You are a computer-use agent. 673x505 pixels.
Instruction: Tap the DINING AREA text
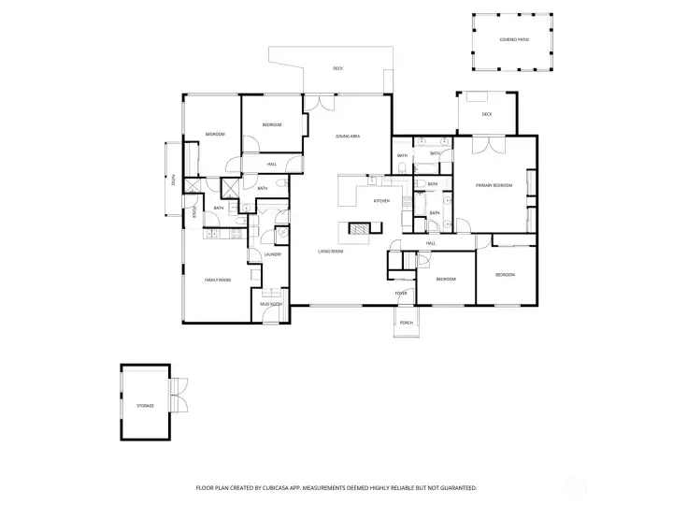click(349, 137)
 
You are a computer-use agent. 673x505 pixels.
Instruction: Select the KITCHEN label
click(381, 201)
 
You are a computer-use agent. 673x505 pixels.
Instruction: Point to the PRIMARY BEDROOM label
click(494, 186)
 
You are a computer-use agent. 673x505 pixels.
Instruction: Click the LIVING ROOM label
click(328, 252)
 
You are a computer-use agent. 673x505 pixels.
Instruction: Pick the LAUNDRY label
click(273, 254)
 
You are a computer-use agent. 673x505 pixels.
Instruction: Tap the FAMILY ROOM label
click(218, 280)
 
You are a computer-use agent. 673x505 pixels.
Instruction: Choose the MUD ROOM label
click(271, 304)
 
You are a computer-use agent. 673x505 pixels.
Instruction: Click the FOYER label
click(401, 294)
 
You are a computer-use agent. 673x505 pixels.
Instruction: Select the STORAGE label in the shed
click(145, 406)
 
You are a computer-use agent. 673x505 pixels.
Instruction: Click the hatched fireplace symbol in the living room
click(360, 226)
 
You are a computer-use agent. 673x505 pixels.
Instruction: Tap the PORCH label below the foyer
click(407, 323)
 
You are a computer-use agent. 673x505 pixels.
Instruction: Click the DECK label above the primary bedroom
click(487, 114)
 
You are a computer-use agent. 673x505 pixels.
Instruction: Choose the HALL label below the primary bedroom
click(431, 243)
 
